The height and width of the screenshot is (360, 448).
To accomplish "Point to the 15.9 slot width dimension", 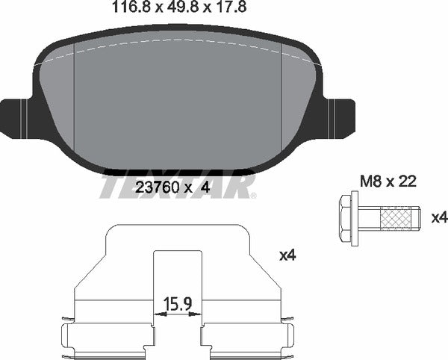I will [178, 304].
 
